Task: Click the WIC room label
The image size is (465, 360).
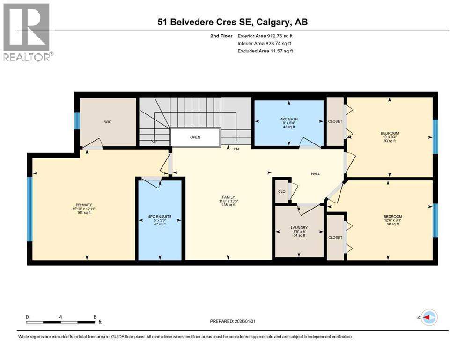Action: (108, 122)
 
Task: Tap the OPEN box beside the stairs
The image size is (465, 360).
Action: (195, 138)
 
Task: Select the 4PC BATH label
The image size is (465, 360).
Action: (289, 119)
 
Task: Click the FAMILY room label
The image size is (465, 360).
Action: (229, 197)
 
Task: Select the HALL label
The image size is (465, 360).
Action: (316, 174)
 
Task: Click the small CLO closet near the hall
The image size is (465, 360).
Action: (281, 191)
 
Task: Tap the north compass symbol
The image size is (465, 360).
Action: (429, 318)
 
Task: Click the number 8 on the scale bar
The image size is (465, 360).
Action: (95, 317)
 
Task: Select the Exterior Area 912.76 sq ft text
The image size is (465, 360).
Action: (266, 36)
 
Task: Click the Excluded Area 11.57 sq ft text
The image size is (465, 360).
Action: (266, 51)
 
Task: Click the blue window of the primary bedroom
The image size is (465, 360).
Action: (30, 209)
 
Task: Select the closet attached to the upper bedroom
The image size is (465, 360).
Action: (335, 121)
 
